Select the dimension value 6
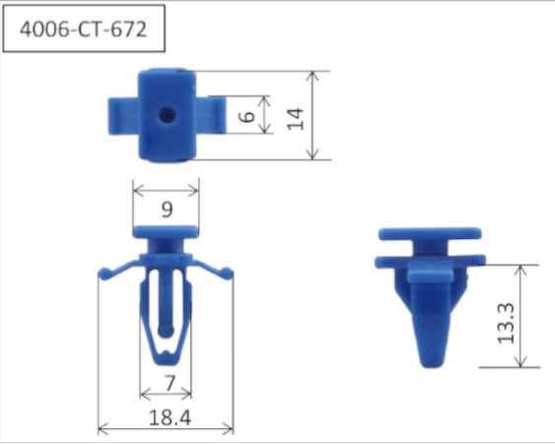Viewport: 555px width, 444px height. pyautogui.click(x=247, y=115)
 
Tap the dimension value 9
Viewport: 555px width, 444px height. pyautogui.click(x=166, y=209)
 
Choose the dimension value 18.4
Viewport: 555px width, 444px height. pyautogui.click(x=168, y=417)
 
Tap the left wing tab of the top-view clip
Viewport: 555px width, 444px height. pyautogui.click(x=120, y=114)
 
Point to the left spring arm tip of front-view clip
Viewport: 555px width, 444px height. pyautogui.click(x=103, y=271)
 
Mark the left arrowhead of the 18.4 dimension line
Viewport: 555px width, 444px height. pyautogui.click(x=102, y=428)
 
